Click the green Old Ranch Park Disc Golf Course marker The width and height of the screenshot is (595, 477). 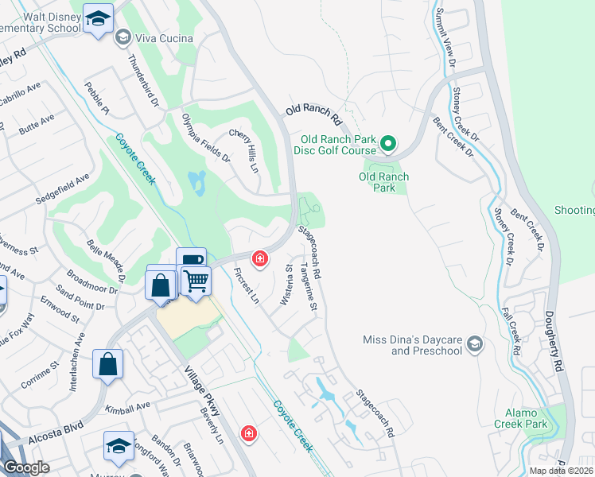387,144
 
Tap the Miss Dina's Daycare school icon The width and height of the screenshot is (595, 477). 475,343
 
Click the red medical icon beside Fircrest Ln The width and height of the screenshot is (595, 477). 259,258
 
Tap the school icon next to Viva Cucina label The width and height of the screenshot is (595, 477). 122,37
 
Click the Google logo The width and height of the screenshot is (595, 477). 26,467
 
